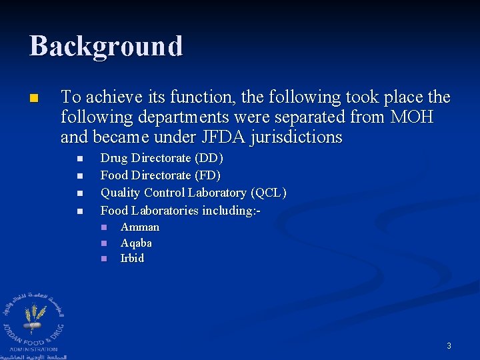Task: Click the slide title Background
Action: click(x=106, y=47)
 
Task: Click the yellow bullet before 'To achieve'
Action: click(x=34, y=99)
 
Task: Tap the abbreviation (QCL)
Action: click(x=269, y=193)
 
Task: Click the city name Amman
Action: click(x=140, y=227)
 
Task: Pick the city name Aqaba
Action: click(x=136, y=243)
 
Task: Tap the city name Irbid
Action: click(x=132, y=258)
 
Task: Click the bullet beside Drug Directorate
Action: click(x=79, y=159)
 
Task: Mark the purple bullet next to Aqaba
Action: click(x=104, y=243)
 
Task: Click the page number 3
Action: click(x=449, y=346)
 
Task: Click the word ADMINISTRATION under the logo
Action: click(x=33, y=349)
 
